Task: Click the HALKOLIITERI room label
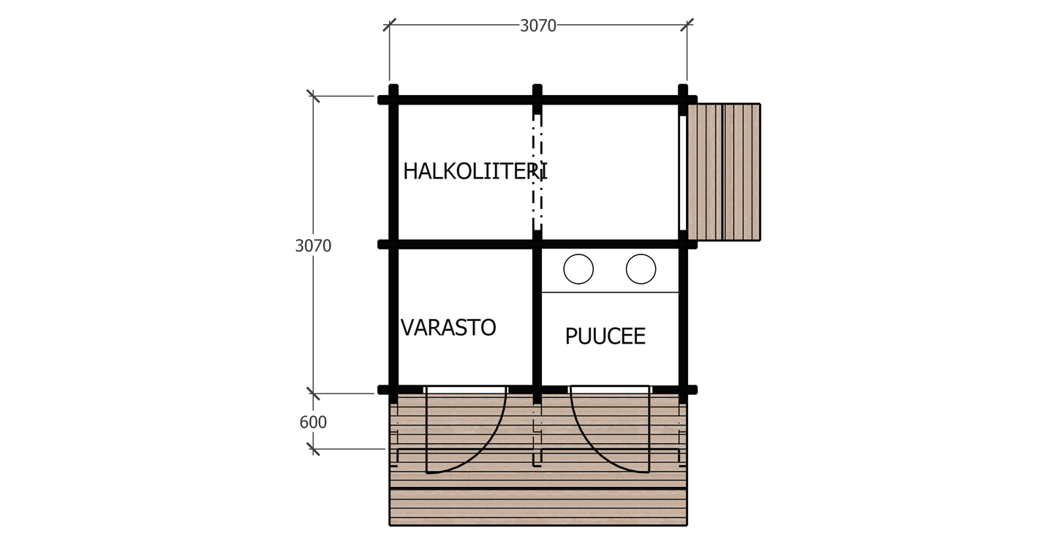(475, 172)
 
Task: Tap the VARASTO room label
(448, 328)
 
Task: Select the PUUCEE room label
(605, 336)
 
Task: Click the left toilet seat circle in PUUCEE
(578, 269)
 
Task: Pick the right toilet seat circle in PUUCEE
(641, 269)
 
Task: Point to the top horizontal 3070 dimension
(538, 26)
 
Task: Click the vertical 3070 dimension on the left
(313, 246)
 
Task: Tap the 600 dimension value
(313, 423)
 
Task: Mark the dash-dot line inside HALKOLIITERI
(537, 172)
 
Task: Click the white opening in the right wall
(682, 172)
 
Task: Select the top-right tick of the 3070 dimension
(686, 25)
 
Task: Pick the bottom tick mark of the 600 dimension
(313, 448)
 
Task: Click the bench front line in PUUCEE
(610, 293)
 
